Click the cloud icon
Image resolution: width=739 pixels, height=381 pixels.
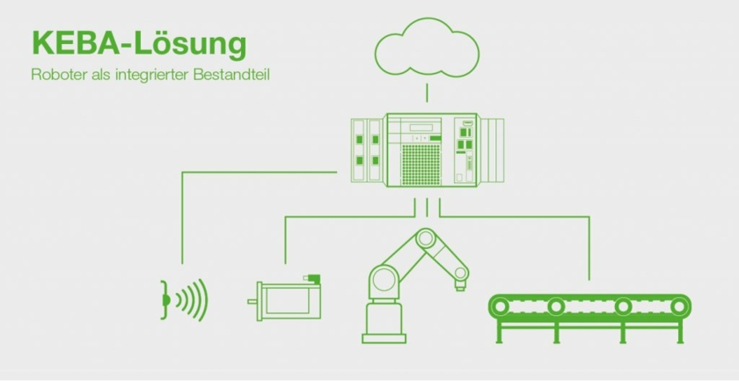(427, 53)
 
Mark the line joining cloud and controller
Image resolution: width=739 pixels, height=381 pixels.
(427, 95)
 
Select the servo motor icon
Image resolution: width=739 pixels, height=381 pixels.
(289, 299)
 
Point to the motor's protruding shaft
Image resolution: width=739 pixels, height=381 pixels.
(252, 300)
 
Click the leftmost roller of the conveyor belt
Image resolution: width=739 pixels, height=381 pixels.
(501, 307)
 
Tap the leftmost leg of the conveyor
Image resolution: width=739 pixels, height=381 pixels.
(501, 331)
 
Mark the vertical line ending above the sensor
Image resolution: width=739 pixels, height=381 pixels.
(182, 220)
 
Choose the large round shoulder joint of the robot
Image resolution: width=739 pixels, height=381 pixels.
(384, 279)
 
